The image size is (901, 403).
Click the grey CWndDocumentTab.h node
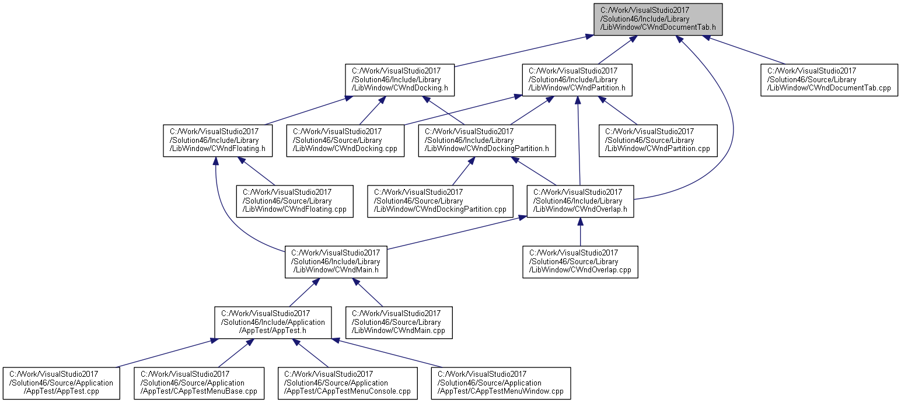click(x=658, y=19)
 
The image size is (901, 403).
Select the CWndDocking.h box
click(x=400, y=80)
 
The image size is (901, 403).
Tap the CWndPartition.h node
click(x=577, y=80)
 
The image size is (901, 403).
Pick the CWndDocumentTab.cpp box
click(x=829, y=80)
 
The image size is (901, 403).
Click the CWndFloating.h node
click(x=218, y=141)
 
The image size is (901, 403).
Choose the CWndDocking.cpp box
click(x=345, y=141)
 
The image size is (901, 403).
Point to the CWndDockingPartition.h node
click(x=487, y=141)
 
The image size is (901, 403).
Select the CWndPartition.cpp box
click(x=658, y=141)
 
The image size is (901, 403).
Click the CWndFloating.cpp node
click(x=295, y=202)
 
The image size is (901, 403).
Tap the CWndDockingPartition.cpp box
click(x=440, y=202)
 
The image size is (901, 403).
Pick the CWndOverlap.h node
click(x=580, y=202)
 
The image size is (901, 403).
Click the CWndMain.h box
click(x=336, y=262)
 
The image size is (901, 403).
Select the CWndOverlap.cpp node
click(x=580, y=262)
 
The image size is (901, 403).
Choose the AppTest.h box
click(x=273, y=323)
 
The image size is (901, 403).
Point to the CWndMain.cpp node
click(x=399, y=323)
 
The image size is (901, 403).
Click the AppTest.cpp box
click(x=61, y=383)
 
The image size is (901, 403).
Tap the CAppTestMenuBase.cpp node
click(x=199, y=383)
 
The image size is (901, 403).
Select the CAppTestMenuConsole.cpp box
click(x=348, y=383)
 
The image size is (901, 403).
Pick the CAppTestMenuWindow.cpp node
click(x=501, y=383)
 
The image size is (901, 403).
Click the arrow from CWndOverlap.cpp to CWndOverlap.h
click(x=580, y=232)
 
